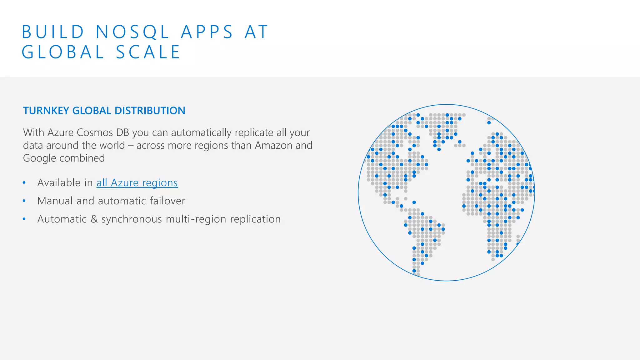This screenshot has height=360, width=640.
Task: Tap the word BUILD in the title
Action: tap(53, 32)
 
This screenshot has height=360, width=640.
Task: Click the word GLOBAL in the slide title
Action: tap(63, 52)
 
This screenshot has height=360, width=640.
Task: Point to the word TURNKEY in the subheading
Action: tap(46, 111)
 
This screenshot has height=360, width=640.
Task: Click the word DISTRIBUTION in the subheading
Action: tap(150, 111)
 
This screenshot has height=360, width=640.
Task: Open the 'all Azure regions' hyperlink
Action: tap(137, 183)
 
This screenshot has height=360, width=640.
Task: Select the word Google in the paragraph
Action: tap(39, 158)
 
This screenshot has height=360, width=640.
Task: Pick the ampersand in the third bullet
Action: tap(94, 219)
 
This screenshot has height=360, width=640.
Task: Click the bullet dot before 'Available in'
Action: tap(24, 183)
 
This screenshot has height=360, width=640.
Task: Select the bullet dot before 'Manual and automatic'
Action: tap(24, 201)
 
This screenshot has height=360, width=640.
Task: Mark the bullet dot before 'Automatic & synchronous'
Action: tap(24, 219)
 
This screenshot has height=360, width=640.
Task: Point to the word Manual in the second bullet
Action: tap(55, 201)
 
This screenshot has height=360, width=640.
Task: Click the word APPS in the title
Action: tap(207, 32)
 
